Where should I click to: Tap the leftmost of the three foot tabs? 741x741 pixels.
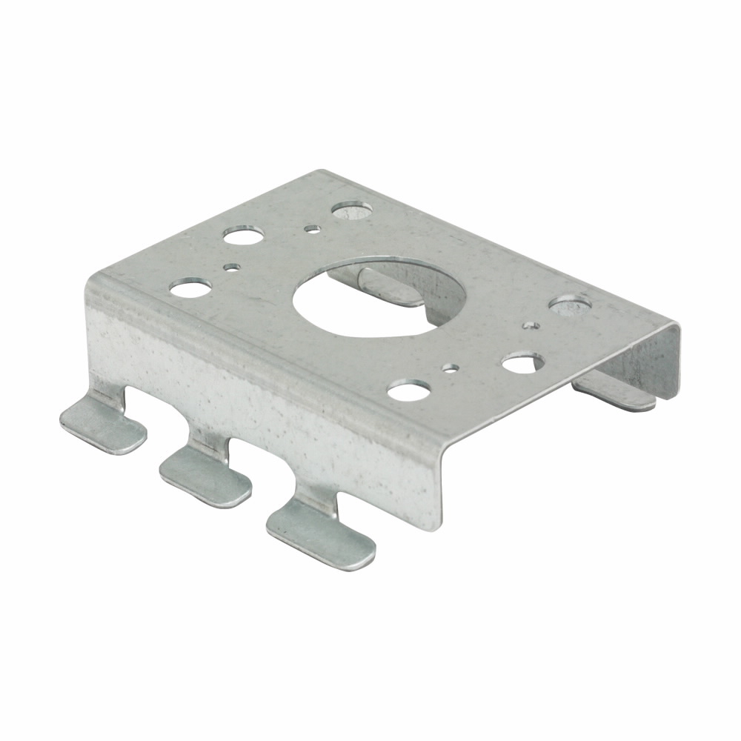pyautogui.click(x=102, y=425)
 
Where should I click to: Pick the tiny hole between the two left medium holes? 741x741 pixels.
pyautogui.click(x=232, y=267)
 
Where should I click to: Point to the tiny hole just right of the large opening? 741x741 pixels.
pyautogui.click(x=531, y=325)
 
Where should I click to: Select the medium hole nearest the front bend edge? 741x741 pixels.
pyautogui.click(x=410, y=390)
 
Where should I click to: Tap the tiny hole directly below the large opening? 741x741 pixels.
pyautogui.click(x=450, y=367)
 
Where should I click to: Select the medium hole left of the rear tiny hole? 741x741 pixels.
pyautogui.click(x=244, y=237)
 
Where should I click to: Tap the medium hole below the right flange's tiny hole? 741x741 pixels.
pyautogui.click(x=523, y=363)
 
